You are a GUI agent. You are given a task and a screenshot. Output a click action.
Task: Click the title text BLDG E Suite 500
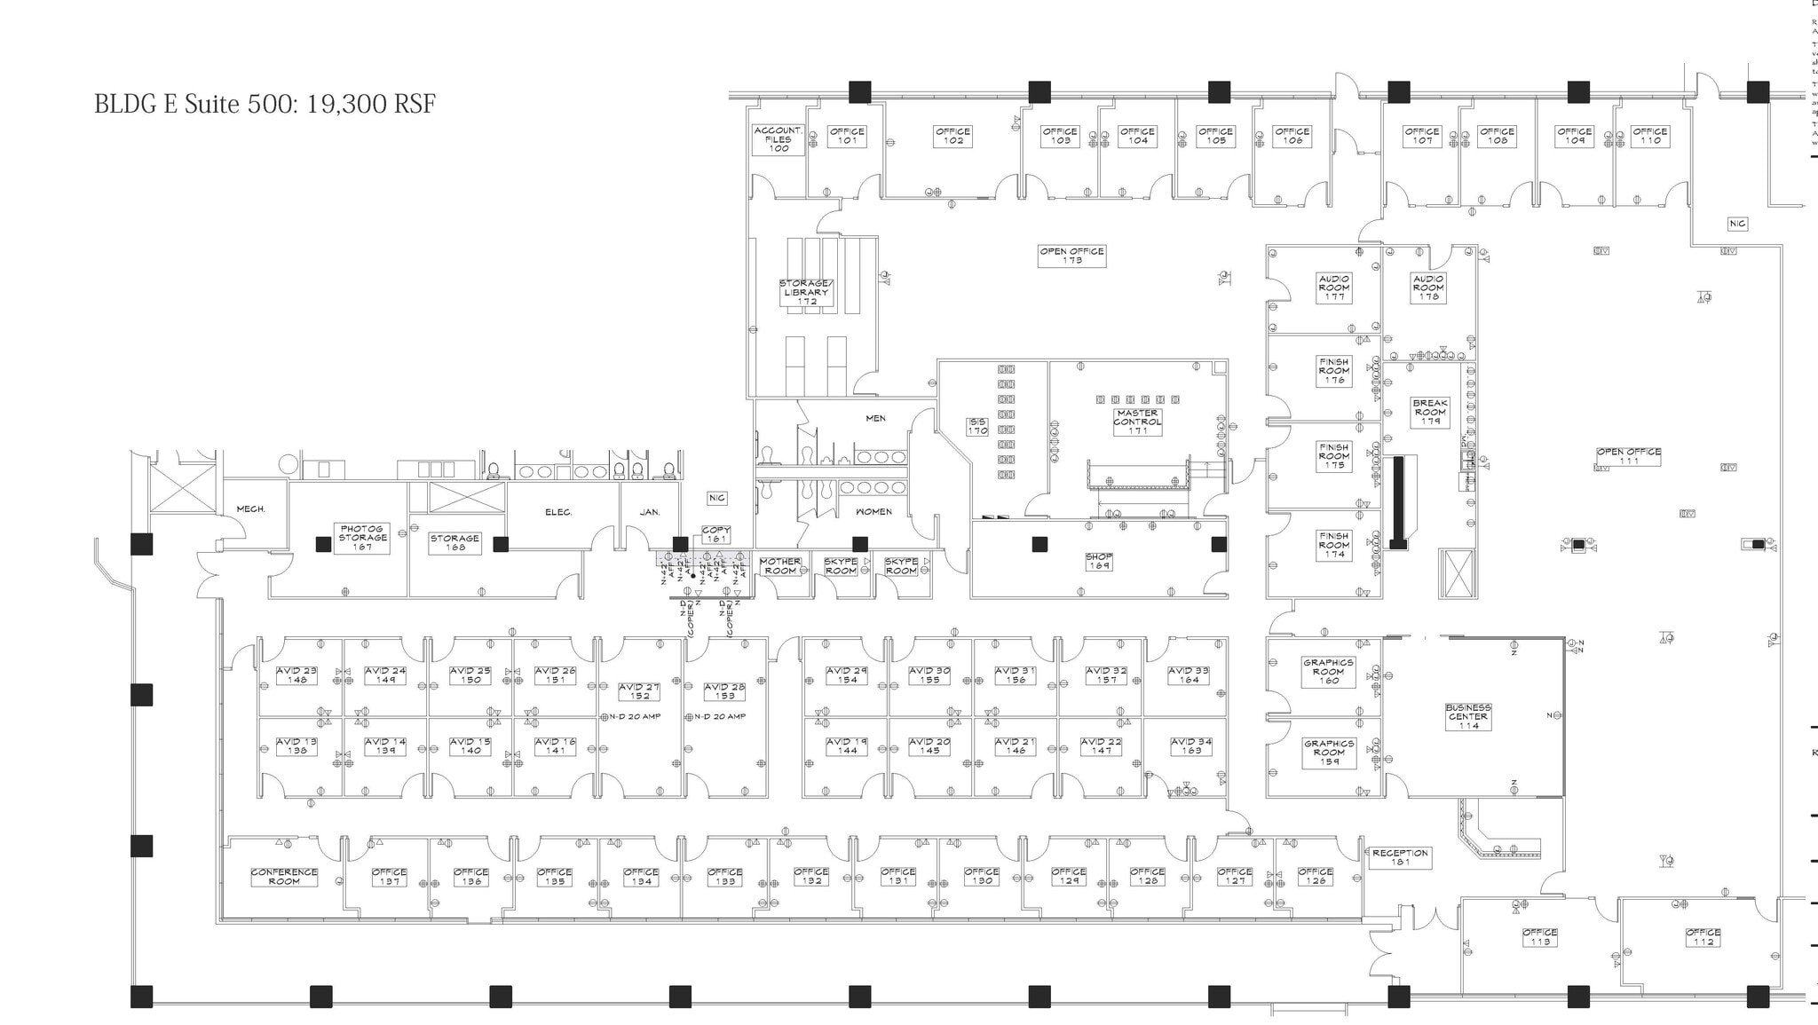265,104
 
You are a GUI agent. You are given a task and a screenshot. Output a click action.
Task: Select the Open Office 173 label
1072,256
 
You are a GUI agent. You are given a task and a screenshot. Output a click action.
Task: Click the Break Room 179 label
1430,412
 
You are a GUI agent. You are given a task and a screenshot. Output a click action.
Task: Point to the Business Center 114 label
1468,716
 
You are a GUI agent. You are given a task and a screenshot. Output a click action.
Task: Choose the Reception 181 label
1401,857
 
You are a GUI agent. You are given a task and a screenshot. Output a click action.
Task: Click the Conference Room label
284,877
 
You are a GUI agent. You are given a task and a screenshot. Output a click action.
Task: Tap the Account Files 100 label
779,139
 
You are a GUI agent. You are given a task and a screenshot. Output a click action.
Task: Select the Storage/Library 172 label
806,292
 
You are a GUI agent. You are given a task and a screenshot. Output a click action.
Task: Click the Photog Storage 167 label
362,538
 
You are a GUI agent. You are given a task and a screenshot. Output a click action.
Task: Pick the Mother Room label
780,566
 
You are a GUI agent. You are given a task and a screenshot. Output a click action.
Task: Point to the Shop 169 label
1099,561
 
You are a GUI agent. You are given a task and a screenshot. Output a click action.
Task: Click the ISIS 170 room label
977,427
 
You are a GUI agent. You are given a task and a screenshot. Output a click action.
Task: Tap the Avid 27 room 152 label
639,691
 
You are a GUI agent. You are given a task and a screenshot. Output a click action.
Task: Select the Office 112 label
1703,937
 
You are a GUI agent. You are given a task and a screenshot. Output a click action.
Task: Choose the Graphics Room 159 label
1329,753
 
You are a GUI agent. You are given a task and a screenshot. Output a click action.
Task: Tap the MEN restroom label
875,418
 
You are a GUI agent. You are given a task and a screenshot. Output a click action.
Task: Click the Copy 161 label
716,534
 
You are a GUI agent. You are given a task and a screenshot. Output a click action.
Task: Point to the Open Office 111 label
1629,456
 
